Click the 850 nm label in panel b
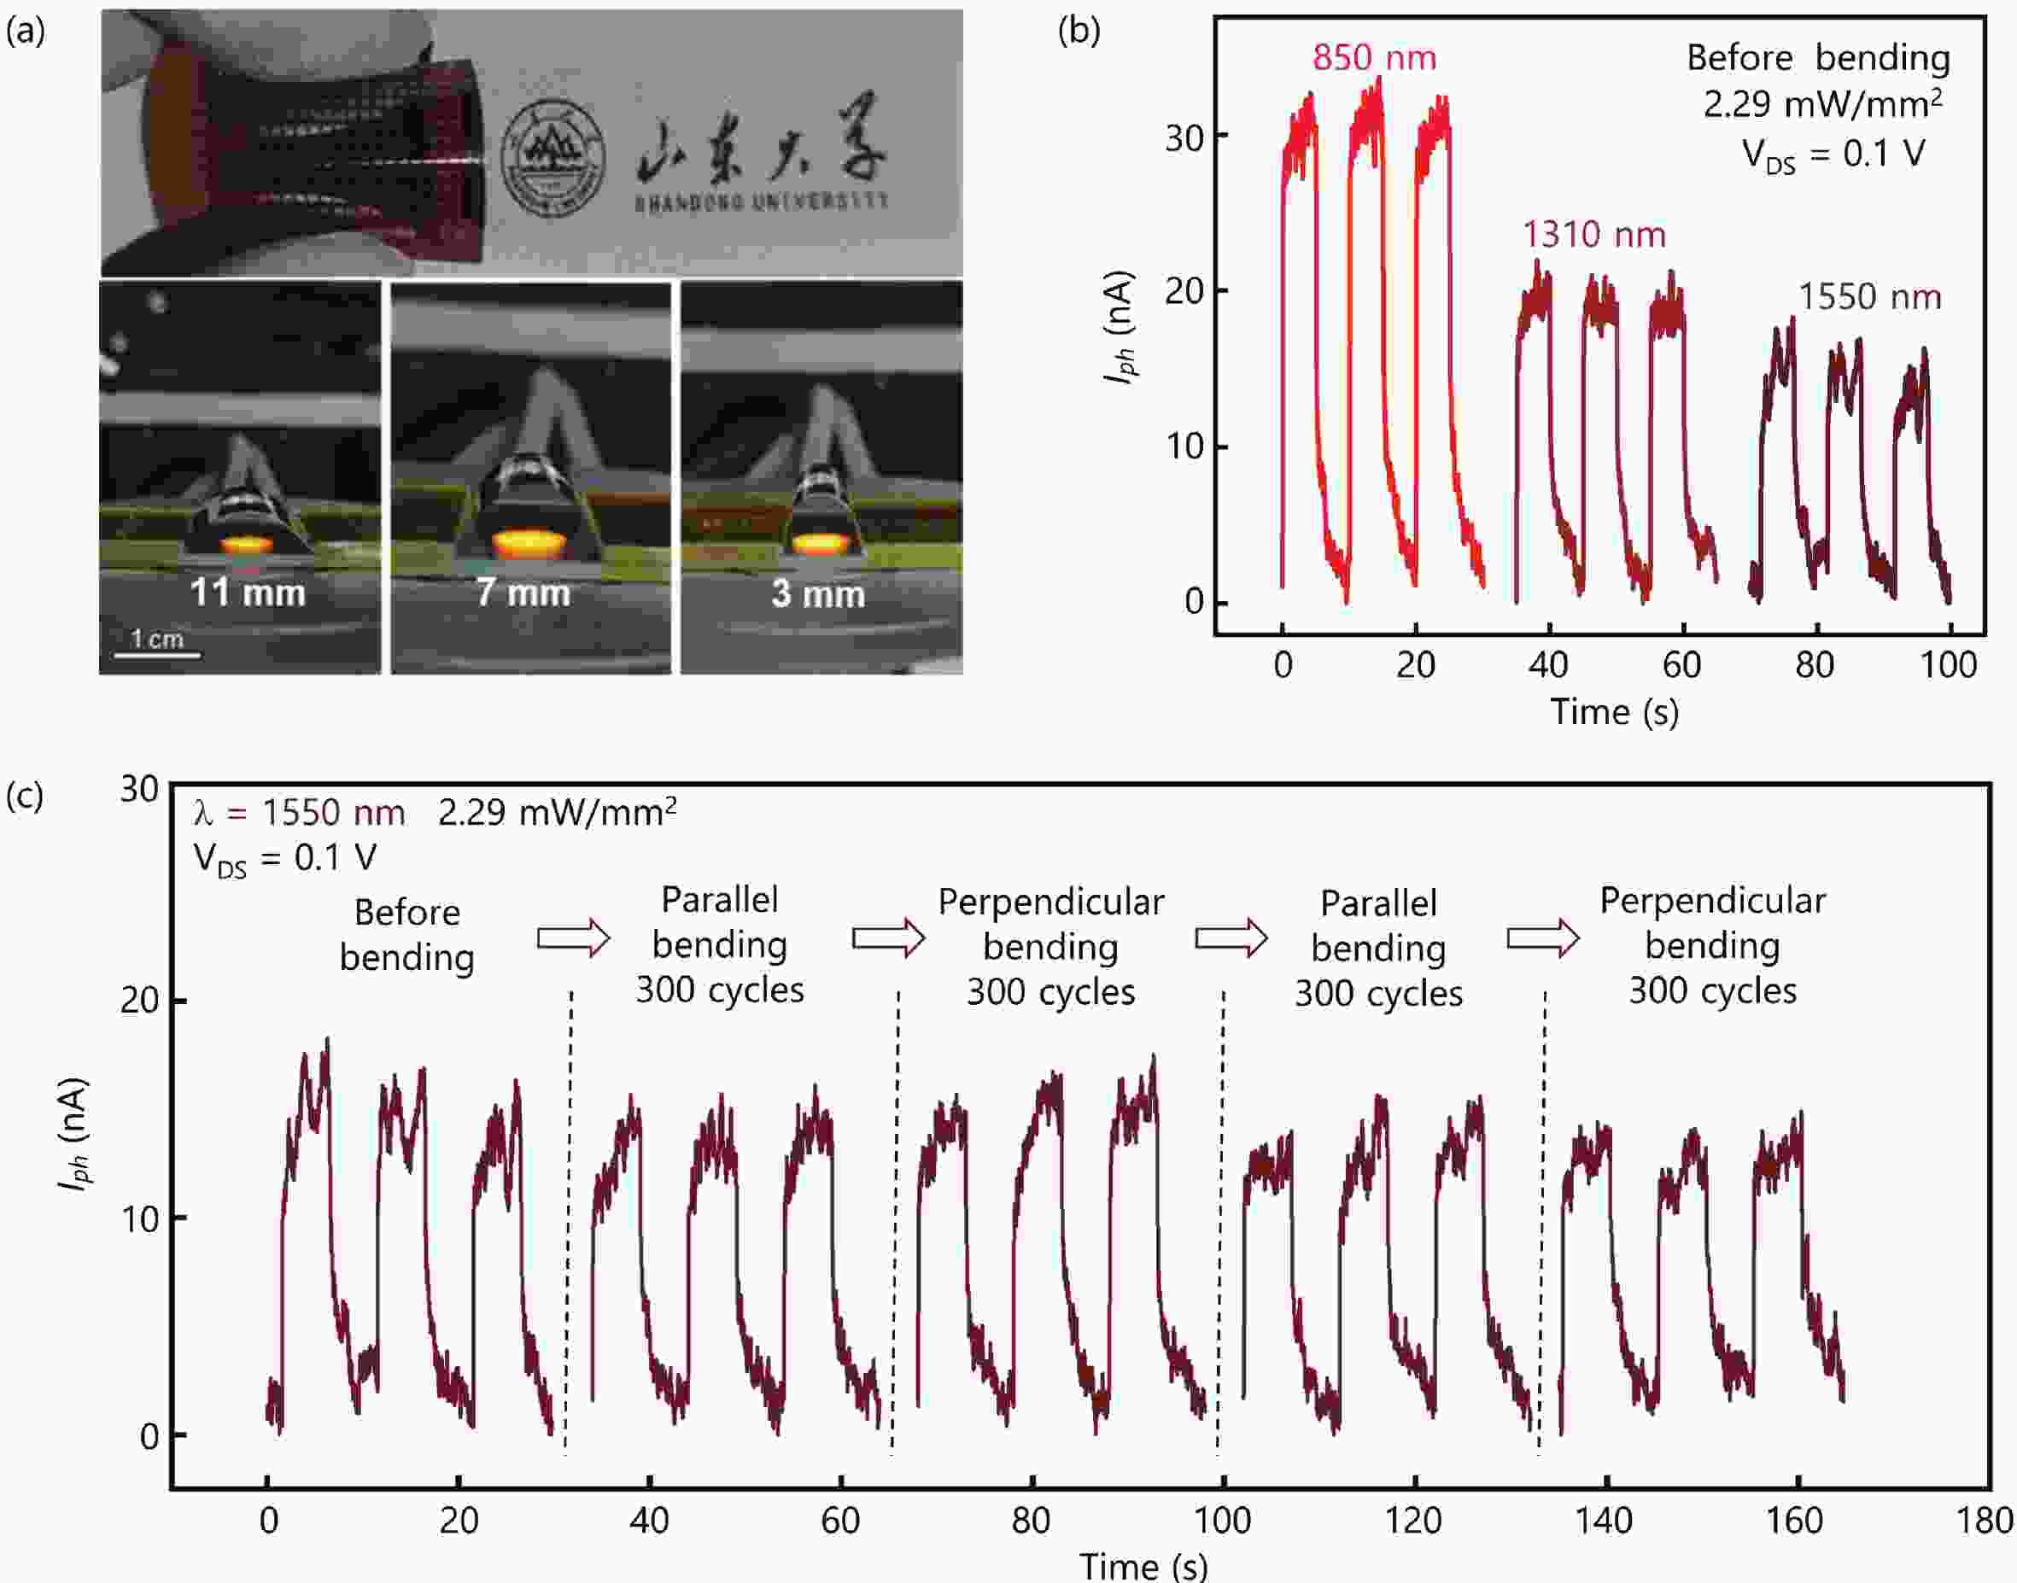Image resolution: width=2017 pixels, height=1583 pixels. point(1374,57)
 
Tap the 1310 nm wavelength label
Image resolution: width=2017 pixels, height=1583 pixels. point(1593,235)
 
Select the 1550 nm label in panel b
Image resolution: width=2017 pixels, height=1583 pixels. point(1868,296)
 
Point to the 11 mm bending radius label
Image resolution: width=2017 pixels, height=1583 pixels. point(248,593)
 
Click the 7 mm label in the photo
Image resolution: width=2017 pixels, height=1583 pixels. point(523,593)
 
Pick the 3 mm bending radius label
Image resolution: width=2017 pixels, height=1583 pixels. point(817,593)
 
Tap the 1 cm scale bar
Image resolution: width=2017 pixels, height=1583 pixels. point(156,654)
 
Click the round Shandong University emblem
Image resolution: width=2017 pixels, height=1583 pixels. point(552,159)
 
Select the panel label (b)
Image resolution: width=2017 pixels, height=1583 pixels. point(1079,31)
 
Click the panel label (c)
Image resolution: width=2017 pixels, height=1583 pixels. point(25,795)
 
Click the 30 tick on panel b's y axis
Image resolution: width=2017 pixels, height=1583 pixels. point(1184,138)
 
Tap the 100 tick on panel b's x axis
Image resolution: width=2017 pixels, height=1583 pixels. point(1949,664)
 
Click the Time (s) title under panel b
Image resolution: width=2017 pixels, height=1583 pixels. point(1614,712)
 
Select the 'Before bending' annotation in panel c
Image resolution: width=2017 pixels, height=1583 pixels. point(407,935)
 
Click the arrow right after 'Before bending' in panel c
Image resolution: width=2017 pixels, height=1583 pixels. point(573,939)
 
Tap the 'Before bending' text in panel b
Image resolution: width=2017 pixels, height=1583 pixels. point(1817,57)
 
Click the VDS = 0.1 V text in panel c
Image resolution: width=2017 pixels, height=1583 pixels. point(284,858)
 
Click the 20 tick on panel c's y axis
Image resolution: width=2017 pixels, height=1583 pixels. point(140,1001)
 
